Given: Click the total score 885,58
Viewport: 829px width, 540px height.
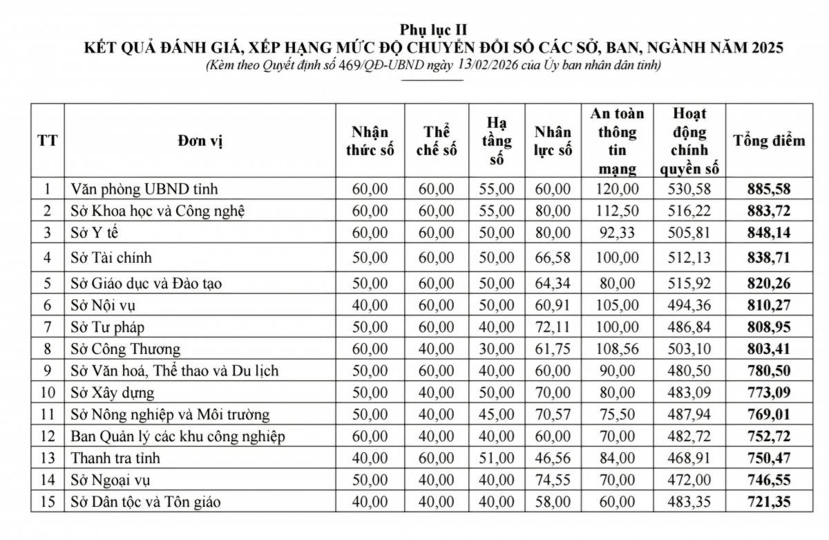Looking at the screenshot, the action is coord(769,189).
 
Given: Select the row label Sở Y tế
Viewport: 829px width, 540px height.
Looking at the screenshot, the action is coord(90,233).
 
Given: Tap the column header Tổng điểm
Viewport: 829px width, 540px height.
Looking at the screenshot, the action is coord(769,141).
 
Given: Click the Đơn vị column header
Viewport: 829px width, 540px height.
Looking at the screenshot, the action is coord(199,142).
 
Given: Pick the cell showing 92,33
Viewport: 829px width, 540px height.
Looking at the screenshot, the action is coord(618,233).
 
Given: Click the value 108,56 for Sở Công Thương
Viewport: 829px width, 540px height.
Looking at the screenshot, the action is coord(618,348).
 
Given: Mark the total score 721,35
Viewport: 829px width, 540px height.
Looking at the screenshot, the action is coord(769,502).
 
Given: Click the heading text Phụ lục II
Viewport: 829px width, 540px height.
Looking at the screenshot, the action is coord(433,30).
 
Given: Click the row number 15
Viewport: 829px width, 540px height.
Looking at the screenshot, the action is coord(47,502).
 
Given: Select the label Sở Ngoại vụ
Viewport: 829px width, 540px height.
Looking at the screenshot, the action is coord(111,480).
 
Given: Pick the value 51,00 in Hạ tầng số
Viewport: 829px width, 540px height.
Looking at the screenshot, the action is coord(497,458).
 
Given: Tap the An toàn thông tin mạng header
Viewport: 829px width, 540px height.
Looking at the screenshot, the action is coord(618,141).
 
